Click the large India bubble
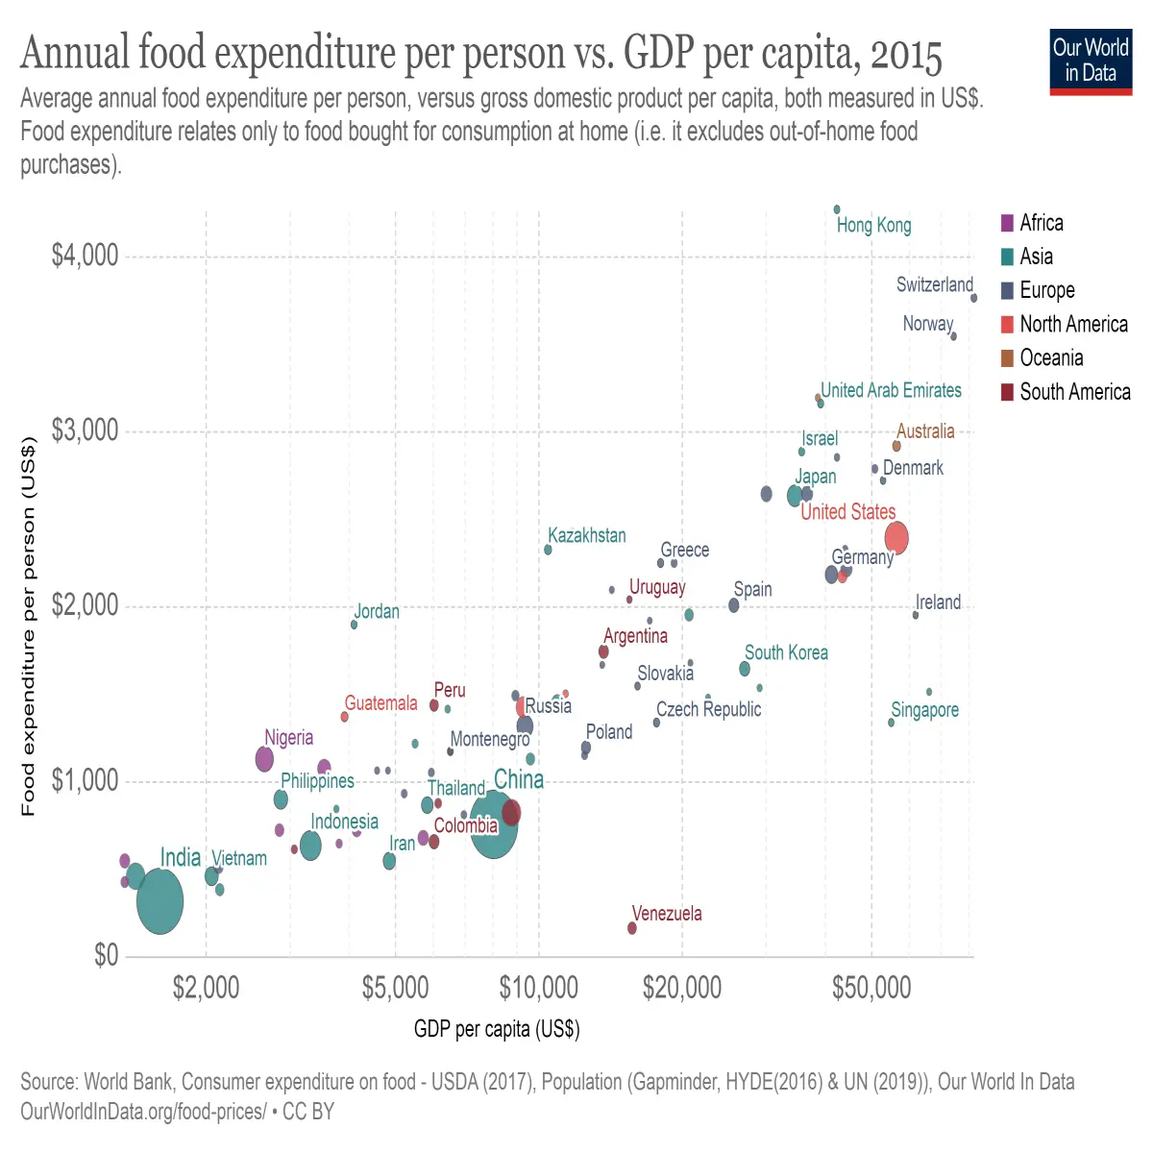(159, 901)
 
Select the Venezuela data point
(632, 928)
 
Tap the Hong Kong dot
(837, 209)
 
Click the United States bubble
(895, 537)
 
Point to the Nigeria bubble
(264, 759)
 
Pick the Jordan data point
(354, 625)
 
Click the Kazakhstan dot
(548, 550)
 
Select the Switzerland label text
(934, 284)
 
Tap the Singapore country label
(924, 710)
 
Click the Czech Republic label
(708, 709)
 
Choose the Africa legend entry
(1032, 223)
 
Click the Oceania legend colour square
(1007, 357)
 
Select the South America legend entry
(1065, 392)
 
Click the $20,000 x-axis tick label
(681, 988)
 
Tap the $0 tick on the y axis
(106, 955)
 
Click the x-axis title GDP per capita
(497, 1028)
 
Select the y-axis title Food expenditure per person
(29, 626)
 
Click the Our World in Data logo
(1091, 61)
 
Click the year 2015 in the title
(906, 57)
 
